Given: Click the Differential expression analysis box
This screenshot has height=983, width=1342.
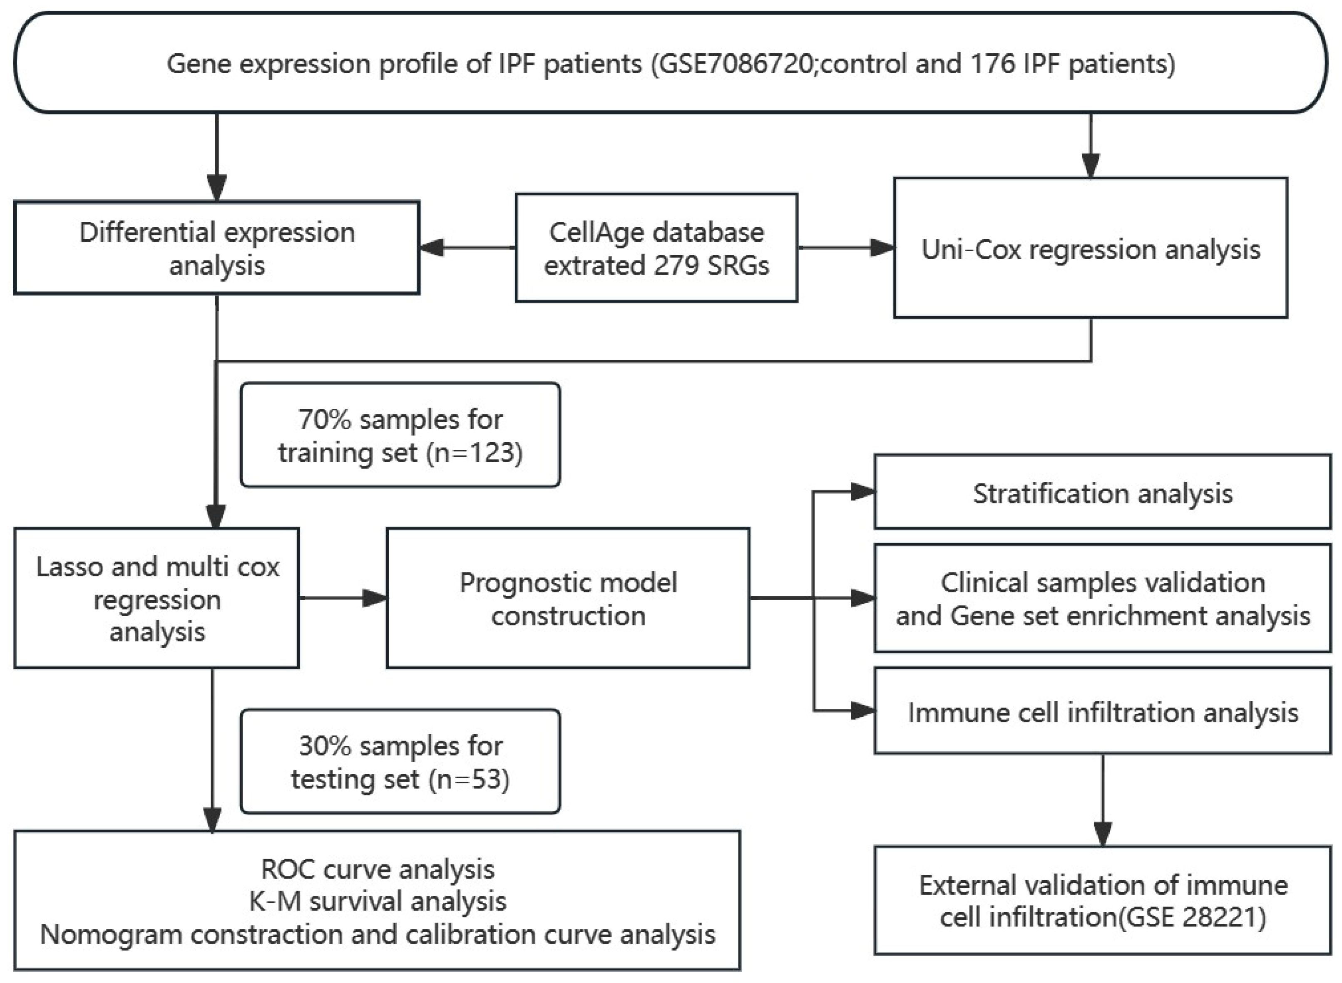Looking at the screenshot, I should click(x=217, y=248).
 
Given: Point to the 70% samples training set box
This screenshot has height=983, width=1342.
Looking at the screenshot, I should click(x=400, y=436).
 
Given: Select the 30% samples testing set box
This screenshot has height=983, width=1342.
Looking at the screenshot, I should click(x=400, y=762).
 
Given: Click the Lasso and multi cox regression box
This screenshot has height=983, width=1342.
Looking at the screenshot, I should click(x=157, y=598).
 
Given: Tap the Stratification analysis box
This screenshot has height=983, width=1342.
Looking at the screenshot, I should click(x=1102, y=493).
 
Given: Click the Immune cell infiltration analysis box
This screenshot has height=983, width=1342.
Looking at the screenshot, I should click(x=1102, y=712).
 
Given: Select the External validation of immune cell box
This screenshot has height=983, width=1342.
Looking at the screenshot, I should click(x=1102, y=900).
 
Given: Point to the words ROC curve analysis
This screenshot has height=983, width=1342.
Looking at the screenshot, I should click(x=378, y=869).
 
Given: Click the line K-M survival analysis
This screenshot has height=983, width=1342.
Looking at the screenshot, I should click(x=378, y=901).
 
